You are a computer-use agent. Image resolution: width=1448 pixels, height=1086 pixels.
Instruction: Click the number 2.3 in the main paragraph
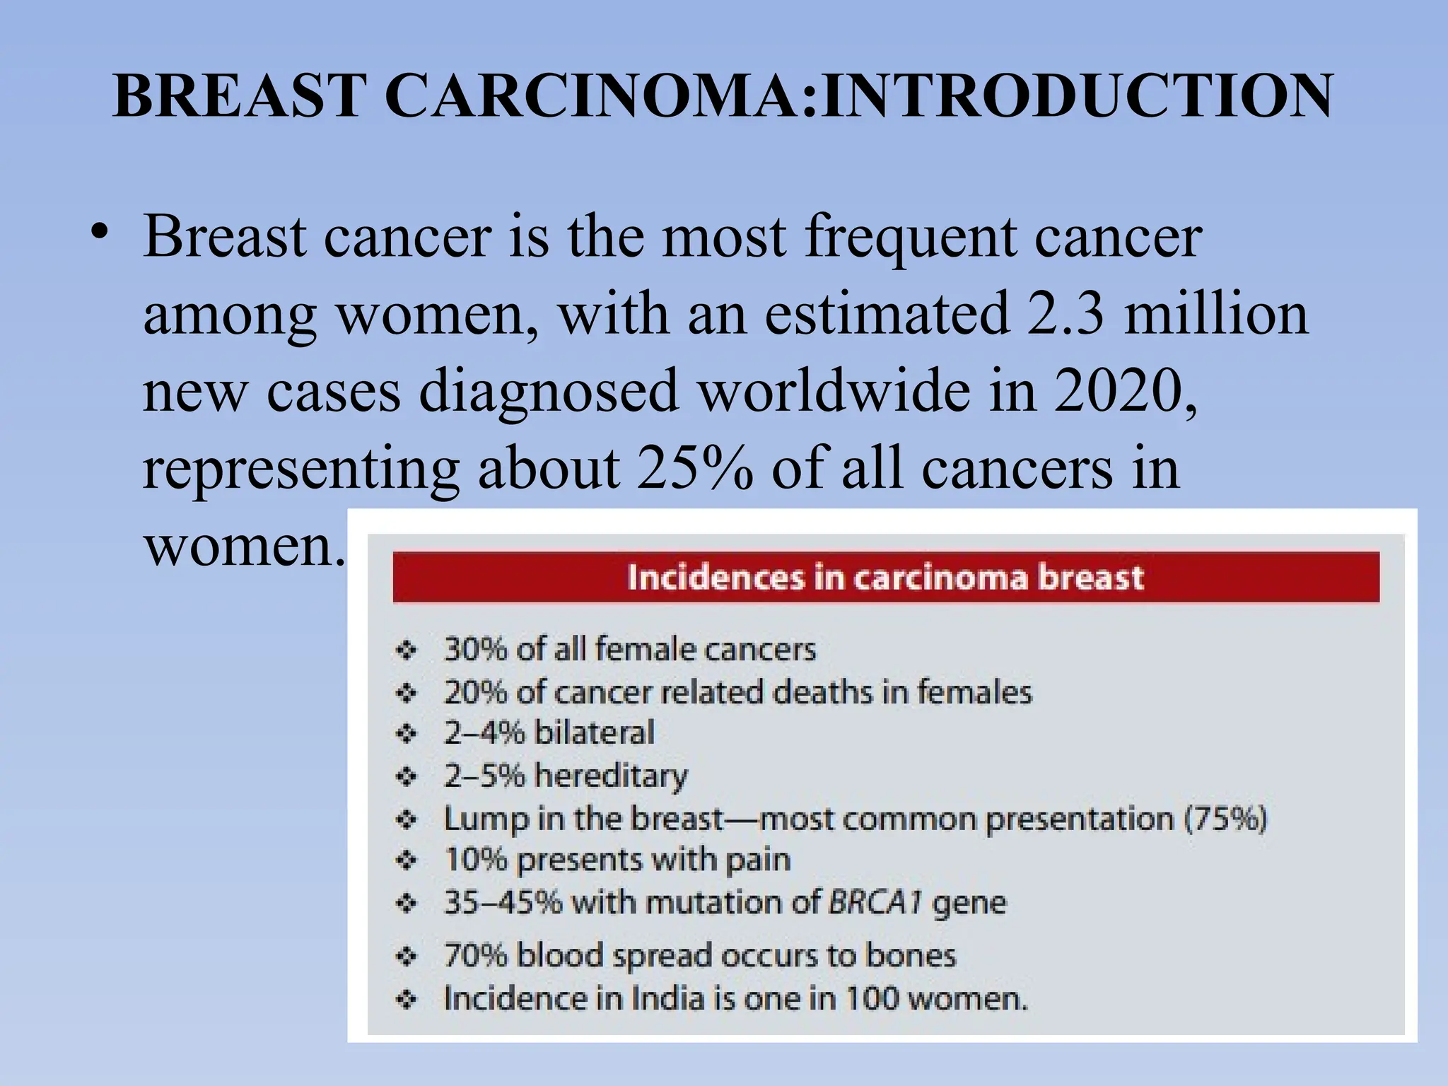(x=1065, y=314)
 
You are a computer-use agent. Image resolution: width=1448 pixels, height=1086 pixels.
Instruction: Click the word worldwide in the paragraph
(x=835, y=391)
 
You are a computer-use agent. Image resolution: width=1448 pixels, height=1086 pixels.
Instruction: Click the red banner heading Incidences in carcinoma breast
(x=885, y=577)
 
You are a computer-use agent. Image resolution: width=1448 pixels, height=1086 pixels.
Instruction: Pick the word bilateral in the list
(x=594, y=732)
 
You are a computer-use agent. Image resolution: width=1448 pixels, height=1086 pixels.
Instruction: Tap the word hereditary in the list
(x=611, y=776)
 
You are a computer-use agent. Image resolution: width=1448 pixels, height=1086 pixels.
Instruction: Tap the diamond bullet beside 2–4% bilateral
(x=407, y=733)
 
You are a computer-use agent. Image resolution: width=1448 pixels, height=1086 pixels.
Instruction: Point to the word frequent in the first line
(x=911, y=236)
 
